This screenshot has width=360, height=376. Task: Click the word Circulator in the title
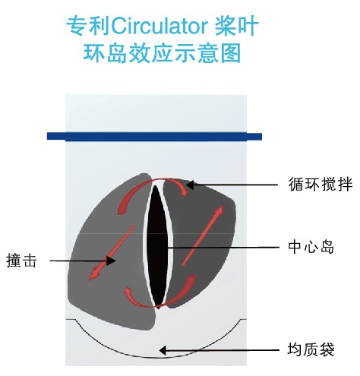[x=159, y=26]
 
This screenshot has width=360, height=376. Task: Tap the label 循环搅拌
[x=321, y=184]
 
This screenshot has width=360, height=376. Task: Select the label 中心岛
[x=311, y=246]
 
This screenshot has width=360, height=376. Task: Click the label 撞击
[x=21, y=261]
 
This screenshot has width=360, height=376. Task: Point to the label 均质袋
[x=311, y=349]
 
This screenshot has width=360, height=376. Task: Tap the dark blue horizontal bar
[x=154, y=136]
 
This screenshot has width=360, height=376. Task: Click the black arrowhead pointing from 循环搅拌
[x=190, y=185]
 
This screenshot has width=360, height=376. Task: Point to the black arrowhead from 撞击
[x=112, y=261]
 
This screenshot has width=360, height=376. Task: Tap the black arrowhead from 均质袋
[x=163, y=351]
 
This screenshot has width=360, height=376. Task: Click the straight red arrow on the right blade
[x=203, y=235]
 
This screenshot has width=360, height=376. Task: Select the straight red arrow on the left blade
[x=112, y=253]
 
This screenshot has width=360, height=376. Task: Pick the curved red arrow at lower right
[x=183, y=291]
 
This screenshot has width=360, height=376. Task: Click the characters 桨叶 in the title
[x=237, y=26]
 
